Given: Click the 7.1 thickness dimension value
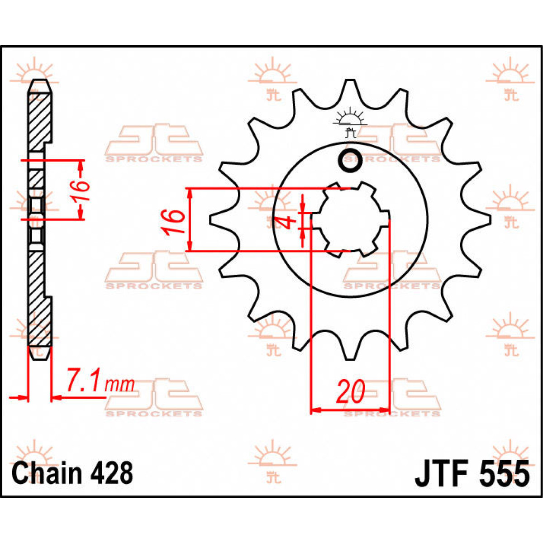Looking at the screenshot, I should (x=84, y=381).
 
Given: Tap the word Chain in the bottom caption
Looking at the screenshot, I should (x=48, y=473).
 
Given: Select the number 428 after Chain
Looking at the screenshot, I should (x=111, y=473).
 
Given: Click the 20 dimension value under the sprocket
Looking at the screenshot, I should (x=350, y=391).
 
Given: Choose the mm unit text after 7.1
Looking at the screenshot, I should (x=119, y=385).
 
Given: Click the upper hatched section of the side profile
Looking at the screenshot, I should (x=40, y=120).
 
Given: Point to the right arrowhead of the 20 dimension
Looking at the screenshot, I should (x=385, y=410).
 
